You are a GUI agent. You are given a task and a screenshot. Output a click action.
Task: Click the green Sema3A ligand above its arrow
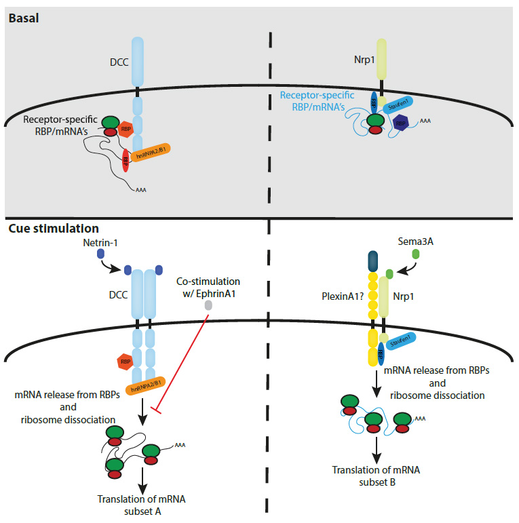416,254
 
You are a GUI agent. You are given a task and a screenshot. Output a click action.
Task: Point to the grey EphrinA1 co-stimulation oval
208,306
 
